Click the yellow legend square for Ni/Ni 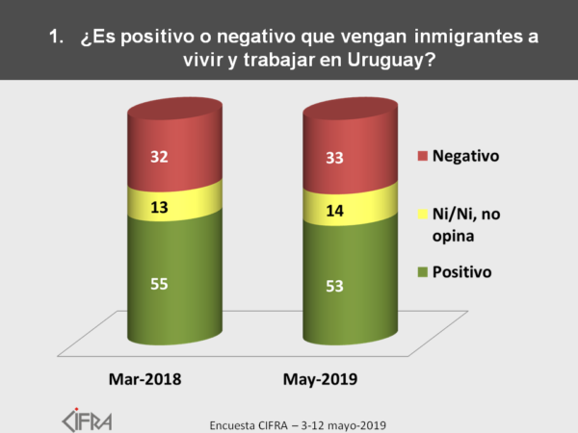(x=422, y=212)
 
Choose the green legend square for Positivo (x=422, y=272)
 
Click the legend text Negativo (x=467, y=155)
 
